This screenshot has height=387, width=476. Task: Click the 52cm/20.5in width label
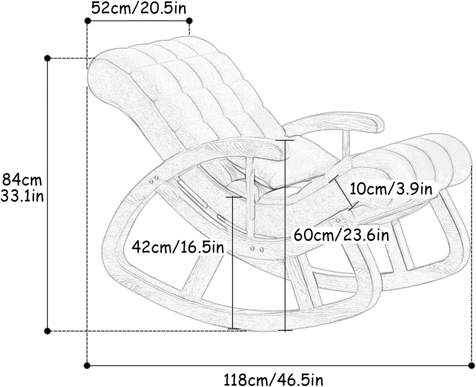click(138, 8)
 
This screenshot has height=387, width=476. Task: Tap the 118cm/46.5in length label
click(273, 379)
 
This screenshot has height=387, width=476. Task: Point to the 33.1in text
click(22, 196)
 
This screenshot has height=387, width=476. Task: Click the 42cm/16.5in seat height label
click(178, 247)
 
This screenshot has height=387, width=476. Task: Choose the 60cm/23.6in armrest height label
click(341, 235)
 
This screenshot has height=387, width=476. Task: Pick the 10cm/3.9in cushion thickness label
click(391, 189)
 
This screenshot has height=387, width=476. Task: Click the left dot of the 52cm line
click(87, 21)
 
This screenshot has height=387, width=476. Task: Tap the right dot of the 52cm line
click(189, 21)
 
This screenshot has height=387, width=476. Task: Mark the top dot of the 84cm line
click(47, 58)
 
